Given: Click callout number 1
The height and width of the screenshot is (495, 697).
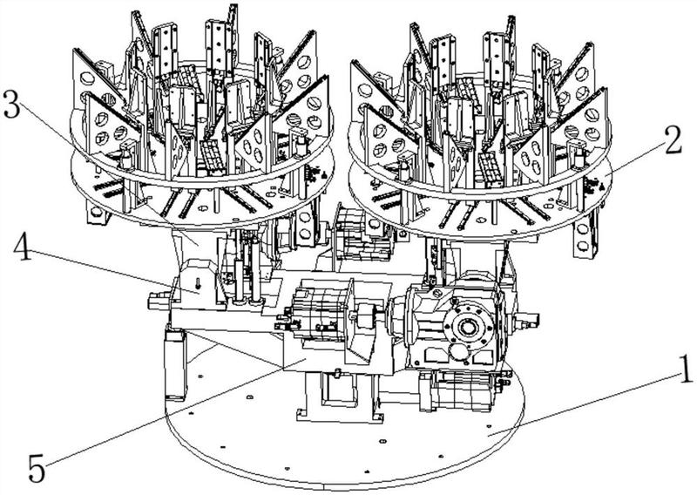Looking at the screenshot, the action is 686,370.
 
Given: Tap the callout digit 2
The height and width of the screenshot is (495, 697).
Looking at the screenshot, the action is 673,139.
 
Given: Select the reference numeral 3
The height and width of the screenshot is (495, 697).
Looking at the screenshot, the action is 11,104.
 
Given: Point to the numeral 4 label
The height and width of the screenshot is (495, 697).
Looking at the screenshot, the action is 24,248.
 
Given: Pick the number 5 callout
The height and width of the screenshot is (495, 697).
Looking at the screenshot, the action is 37,468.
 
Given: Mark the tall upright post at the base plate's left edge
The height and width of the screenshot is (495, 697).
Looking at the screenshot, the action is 175,363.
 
